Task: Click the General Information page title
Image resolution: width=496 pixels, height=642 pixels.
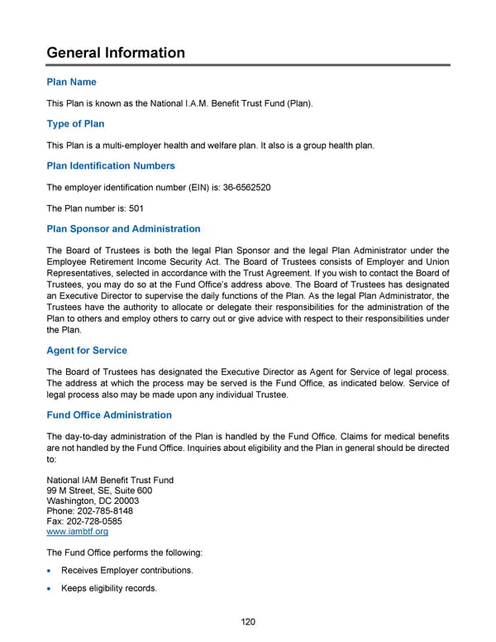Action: [x=116, y=53]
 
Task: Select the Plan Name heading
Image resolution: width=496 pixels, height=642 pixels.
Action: [x=72, y=82]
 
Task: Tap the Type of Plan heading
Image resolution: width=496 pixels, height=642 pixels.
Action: [x=76, y=124]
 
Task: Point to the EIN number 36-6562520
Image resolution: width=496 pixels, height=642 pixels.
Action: [x=246, y=187]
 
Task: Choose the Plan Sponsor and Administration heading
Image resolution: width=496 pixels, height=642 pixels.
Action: [x=124, y=228]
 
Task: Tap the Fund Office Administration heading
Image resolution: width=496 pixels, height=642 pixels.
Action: [x=110, y=415]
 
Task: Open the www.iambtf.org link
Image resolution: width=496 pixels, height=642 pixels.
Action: [x=78, y=532]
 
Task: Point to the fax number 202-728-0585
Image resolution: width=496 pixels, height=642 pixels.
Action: [x=100, y=521]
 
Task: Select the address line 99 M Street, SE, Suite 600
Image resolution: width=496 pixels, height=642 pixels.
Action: [x=99, y=491]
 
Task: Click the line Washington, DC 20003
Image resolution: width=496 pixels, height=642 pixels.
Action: [x=93, y=501]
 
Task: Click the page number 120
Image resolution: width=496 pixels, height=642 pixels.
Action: [x=248, y=623]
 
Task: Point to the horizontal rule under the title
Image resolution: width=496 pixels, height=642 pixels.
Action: [x=248, y=65]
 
